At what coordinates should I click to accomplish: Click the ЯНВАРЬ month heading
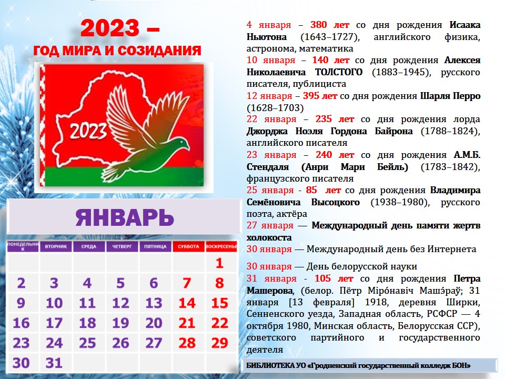click(x=124, y=217)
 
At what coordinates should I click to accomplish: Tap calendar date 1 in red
click(x=219, y=263)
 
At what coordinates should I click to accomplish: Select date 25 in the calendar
click(x=87, y=343)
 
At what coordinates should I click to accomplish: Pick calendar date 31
click(x=54, y=363)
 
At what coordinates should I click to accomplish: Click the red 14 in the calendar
click(x=187, y=303)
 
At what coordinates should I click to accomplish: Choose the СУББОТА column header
click(x=188, y=246)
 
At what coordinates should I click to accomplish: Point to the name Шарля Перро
click(x=450, y=96)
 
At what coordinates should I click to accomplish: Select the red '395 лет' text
click(x=320, y=96)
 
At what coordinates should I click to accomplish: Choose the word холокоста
click(x=269, y=237)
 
